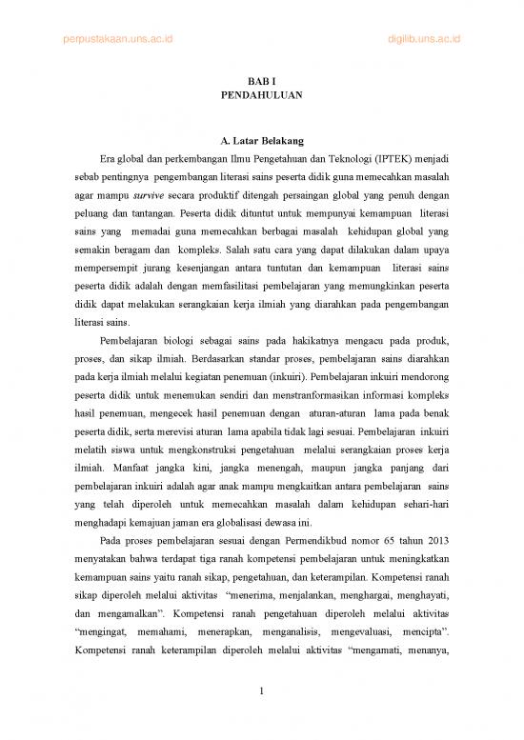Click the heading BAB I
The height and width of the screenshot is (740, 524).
coord(261,80)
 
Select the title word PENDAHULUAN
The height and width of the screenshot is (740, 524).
coord(261,96)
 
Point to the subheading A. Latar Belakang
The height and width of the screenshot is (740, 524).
coord(261,142)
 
